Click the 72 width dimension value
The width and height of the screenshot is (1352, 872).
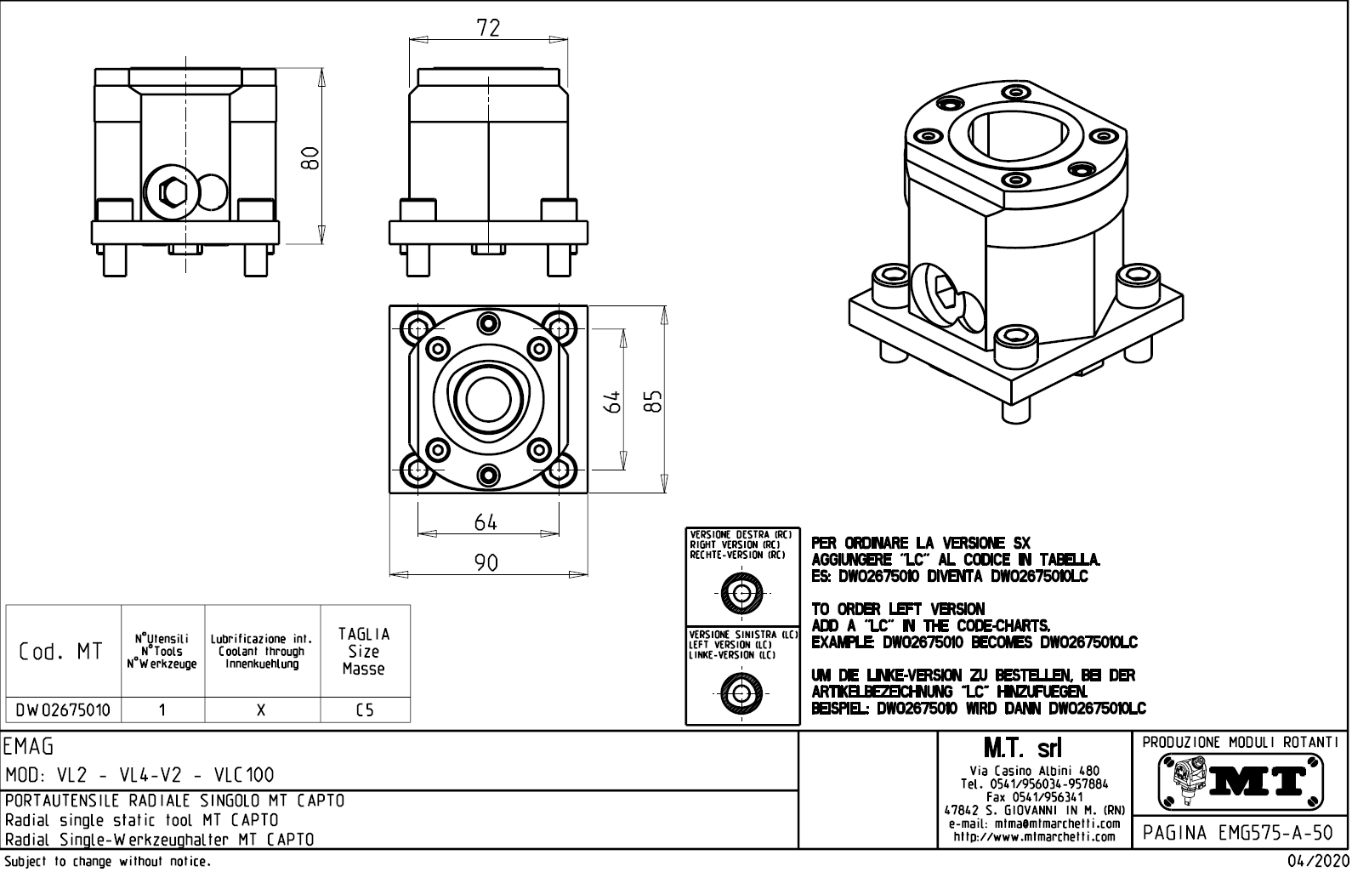point(487,27)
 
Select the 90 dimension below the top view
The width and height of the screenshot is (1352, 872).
point(486,563)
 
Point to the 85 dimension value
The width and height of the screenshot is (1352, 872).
point(652,401)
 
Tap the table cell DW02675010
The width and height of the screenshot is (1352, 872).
point(63,710)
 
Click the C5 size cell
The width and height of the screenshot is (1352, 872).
point(365,710)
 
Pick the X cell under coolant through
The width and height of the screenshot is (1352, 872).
point(262,710)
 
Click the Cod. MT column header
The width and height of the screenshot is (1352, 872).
point(61,652)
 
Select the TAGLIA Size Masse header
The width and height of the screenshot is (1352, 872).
point(364,652)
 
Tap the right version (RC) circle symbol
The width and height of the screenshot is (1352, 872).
point(742,593)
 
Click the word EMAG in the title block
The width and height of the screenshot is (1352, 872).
point(29,747)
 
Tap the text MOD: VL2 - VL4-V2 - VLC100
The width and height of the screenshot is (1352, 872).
point(139,775)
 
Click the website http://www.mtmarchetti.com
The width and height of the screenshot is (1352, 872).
point(1034,837)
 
